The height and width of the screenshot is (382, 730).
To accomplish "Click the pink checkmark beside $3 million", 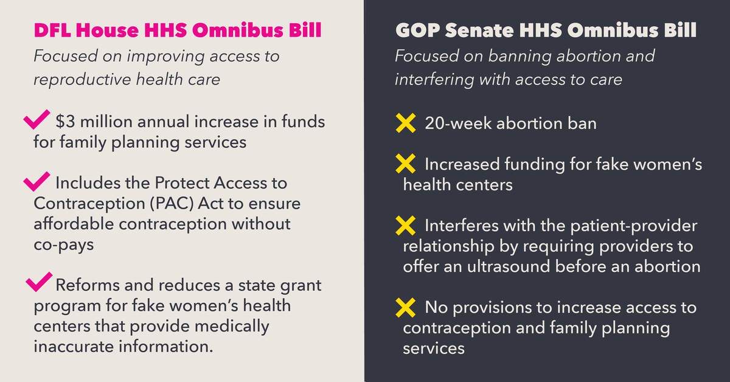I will tap(35, 119).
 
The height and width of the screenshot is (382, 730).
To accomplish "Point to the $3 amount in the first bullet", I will tap(64, 122).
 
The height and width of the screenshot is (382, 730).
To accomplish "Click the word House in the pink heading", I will tap(110, 31).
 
